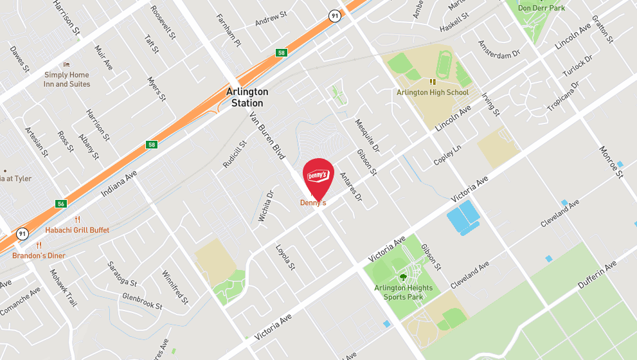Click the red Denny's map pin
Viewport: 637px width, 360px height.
318,176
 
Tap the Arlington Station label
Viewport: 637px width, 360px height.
247,98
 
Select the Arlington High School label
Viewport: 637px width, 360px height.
433,93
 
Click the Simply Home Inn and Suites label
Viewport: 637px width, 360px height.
66,80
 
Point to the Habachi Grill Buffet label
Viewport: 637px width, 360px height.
77,230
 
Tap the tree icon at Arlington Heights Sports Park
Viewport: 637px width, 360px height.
403,277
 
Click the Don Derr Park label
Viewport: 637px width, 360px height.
541,8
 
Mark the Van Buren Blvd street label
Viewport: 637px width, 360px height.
267,135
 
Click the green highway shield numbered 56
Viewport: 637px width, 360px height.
61,204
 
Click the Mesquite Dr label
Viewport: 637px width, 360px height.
368,132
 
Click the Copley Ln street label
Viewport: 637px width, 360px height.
447,155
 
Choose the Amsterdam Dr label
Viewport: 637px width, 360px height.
498,50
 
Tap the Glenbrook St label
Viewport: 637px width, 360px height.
142,301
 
